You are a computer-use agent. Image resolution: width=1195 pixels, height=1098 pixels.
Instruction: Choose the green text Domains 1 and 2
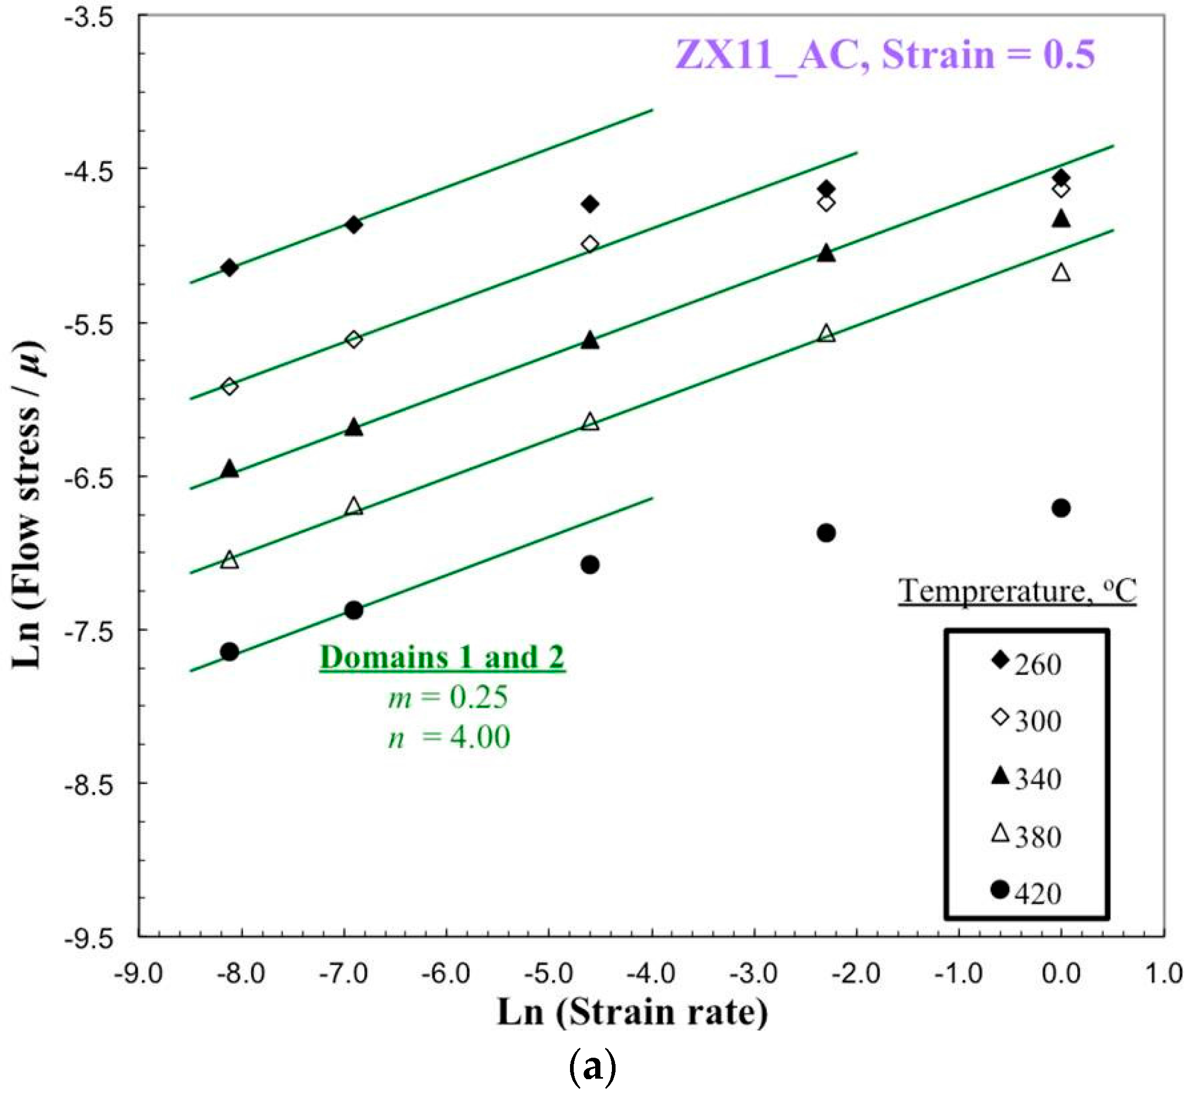(x=442, y=658)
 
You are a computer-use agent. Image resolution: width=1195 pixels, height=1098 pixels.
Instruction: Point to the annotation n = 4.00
(x=450, y=738)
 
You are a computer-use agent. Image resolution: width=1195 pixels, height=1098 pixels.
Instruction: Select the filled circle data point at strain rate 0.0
(x=1060, y=508)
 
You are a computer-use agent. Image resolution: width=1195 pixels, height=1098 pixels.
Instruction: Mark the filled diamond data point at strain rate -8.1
(x=229, y=268)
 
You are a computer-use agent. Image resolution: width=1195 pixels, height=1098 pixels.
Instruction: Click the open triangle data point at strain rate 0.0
(x=1060, y=273)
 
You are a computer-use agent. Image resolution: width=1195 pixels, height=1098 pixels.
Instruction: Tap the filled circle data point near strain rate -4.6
(x=590, y=564)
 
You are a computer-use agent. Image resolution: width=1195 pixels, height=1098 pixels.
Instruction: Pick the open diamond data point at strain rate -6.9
(x=354, y=340)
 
